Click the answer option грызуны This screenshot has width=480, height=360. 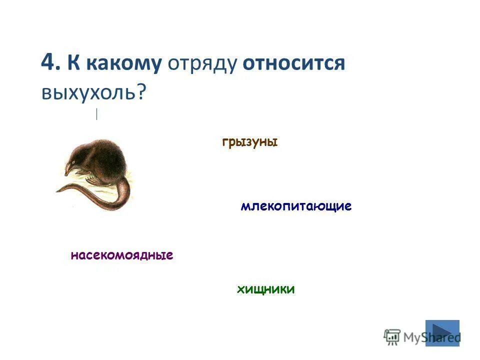249,142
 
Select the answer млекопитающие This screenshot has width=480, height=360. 296,206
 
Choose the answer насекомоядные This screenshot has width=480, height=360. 122,256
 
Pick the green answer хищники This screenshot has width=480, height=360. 265,289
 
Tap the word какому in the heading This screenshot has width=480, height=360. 123,64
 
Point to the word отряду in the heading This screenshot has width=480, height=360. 202,64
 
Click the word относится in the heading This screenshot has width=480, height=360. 294,64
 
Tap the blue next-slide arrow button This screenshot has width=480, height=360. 442,333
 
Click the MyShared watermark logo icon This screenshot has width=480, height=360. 392,337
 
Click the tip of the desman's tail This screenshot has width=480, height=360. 57,190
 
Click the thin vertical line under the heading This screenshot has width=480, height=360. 96,114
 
